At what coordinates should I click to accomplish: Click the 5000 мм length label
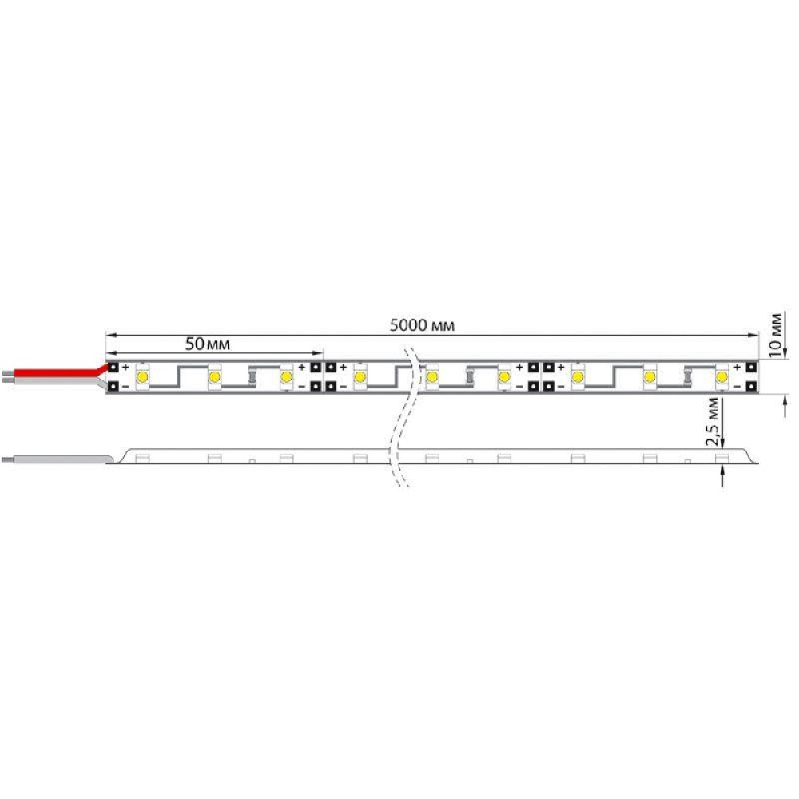pyautogui.click(x=422, y=325)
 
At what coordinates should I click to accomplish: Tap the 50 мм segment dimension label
pyautogui.click(x=208, y=344)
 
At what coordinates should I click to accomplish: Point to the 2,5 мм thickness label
pyautogui.click(x=713, y=421)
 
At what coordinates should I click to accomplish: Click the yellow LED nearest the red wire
pyautogui.click(x=142, y=377)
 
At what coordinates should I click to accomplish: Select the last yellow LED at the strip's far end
pyautogui.click(x=721, y=377)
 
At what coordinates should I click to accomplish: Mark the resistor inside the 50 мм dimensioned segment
pyautogui.click(x=252, y=377)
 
